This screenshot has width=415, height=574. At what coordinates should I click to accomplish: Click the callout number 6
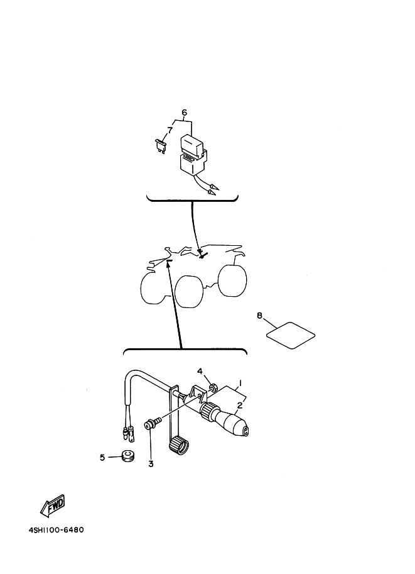[184, 112]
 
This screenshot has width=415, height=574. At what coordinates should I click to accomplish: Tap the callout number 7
[170, 130]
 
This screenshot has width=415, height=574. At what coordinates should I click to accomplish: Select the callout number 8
[259, 315]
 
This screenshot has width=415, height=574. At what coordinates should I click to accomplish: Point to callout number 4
[200, 371]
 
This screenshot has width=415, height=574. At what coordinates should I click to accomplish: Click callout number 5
[102, 457]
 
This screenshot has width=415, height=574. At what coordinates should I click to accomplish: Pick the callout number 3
[151, 464]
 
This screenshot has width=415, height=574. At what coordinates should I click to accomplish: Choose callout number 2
[240, 405]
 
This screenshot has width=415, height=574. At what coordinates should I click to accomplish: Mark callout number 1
[240, 383]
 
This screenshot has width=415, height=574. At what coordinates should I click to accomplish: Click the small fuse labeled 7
[161, 145]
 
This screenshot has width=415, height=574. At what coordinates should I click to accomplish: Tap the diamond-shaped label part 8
[291, 335]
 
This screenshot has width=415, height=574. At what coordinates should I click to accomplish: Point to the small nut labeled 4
[212, 386]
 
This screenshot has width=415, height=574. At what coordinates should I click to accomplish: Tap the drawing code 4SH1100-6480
[57, 530]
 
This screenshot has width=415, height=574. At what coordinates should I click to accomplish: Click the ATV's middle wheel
[190, 291]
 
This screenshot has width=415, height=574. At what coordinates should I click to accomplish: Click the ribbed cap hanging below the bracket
[179, 446]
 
